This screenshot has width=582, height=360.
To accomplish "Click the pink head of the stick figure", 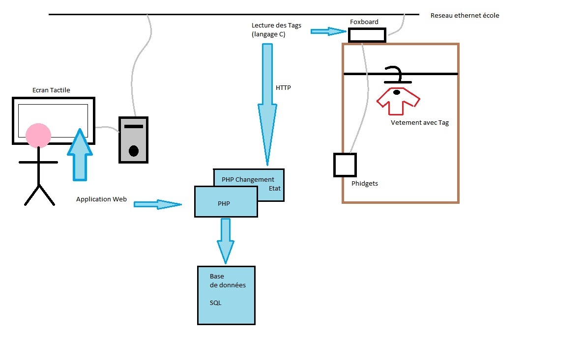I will pos(38,136).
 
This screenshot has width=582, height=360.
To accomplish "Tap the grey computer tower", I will pos(133,140).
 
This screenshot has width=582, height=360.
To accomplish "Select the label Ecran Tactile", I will pos(51,90).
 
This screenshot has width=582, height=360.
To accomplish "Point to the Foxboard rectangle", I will pos(367,35).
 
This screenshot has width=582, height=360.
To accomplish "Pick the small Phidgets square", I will pos(345,165).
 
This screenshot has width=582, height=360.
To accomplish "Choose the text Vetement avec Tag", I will pos(419,123).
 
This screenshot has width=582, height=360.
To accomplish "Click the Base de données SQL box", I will pos(226,295).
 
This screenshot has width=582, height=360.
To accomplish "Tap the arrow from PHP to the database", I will pos(226,241).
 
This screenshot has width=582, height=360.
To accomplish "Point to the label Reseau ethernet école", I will pos(465,16).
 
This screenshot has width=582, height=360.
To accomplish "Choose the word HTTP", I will pos(283,88).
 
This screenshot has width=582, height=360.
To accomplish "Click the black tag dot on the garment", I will pos(396,92).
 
